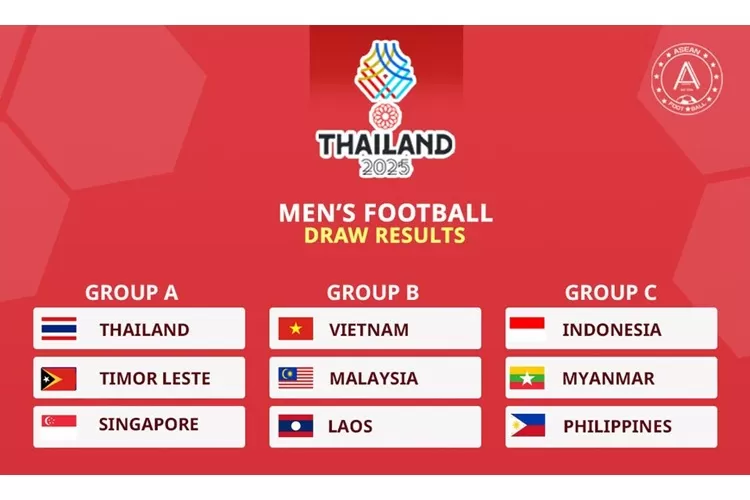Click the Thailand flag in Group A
(x=59, y=329)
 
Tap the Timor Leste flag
(x=59, y=378)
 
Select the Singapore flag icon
(x=59, y=426)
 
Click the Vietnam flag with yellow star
(x=295, y=329)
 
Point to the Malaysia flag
(x=295, y=378)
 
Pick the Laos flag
(x=295, y=426)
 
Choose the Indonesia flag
(x=527, y=329)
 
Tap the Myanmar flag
(x=527, y=378)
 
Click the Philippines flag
(x=527, y=426)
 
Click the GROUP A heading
(x=131, y=292)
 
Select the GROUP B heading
(x=372, y=292)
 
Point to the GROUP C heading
(x=611, y=292)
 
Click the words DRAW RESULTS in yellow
(x=385, y=236)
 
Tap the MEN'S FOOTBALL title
(x=385, y=212)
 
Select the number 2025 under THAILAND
(x=385, y=168)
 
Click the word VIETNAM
(x=368, y=329)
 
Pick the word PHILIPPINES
(x=617, y=426)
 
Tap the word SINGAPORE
(x=148, y=425)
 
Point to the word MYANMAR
(x=608, y=378)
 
